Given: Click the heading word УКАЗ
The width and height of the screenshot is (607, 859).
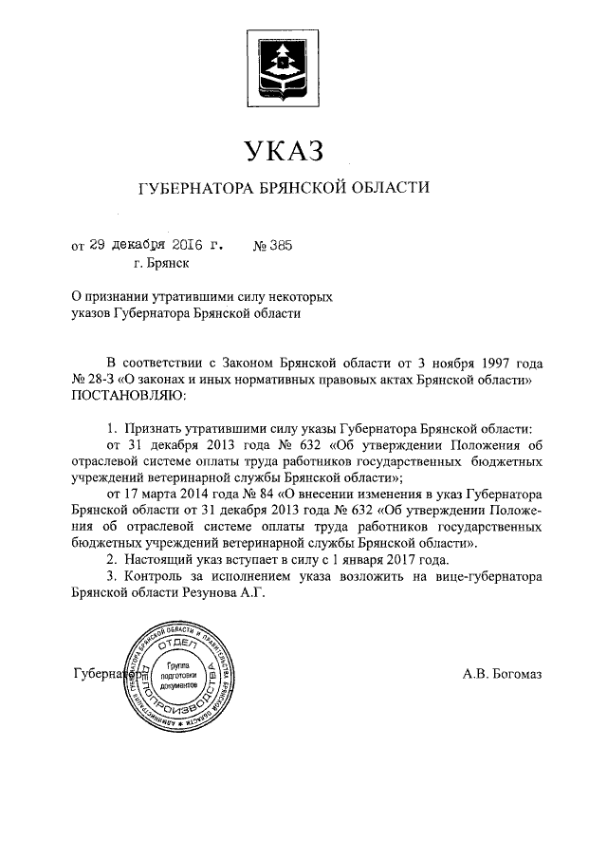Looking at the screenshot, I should [285, 150].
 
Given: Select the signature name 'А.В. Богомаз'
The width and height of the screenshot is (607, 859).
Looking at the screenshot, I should [503, 675].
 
